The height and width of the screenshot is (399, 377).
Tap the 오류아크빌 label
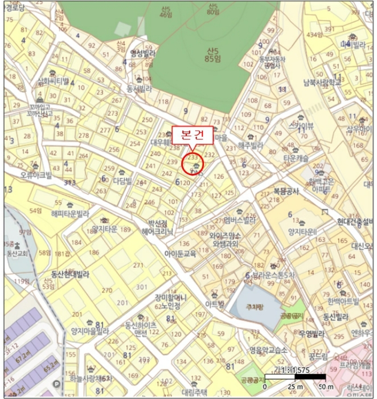click(x=35, y=175)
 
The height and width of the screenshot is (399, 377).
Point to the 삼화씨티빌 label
click(x=53, y=81)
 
